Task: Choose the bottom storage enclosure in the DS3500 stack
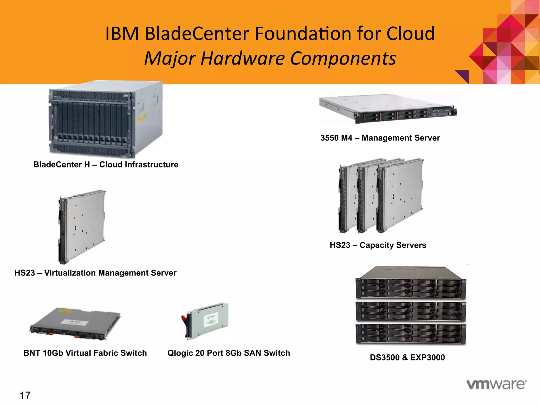point(411,334)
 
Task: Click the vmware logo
point(496,384)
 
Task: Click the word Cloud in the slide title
point(410,34)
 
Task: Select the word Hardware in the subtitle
point(243,59)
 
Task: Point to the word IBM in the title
point(122,34)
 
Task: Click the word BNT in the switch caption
point(32,353)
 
